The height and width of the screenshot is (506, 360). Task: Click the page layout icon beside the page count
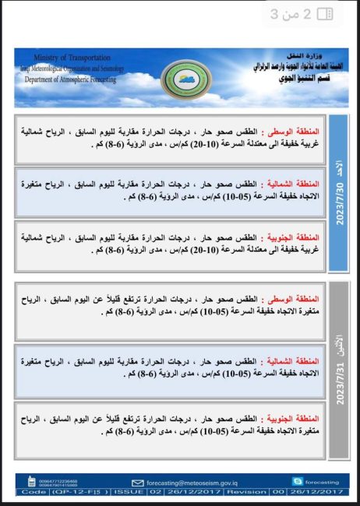325,14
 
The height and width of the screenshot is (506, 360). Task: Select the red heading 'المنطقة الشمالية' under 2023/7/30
294,179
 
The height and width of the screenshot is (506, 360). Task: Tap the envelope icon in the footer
139,483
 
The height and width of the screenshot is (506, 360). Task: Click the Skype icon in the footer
297,482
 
